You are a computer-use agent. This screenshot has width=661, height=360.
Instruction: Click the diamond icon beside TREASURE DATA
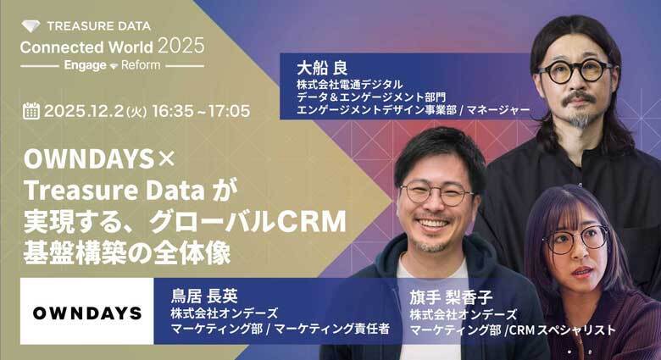pos(31,26)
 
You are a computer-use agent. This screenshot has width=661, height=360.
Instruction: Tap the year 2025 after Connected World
pos(181,46)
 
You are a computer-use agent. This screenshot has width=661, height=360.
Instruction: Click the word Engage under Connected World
pos(85,65)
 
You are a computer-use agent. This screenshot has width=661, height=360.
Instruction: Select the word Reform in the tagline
pos(141,65)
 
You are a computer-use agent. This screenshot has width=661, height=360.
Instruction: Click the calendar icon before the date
pos(31,111)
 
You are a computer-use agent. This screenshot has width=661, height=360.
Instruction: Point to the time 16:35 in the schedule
pos(173,111)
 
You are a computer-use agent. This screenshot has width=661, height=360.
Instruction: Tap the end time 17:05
pos(230,111)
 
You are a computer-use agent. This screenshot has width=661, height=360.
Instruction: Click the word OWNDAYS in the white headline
pos(89,159)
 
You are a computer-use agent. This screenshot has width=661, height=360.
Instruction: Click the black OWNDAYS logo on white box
pos(87,313)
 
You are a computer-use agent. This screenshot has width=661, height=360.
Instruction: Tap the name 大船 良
pos(322,68)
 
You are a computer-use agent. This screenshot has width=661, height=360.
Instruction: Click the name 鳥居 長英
pos(204,296)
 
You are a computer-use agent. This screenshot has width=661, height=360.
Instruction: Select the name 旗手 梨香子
pos(451,297)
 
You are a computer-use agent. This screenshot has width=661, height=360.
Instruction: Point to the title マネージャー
pos(498,110)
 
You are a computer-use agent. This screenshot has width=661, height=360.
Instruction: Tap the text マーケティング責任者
pos(331,329)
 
